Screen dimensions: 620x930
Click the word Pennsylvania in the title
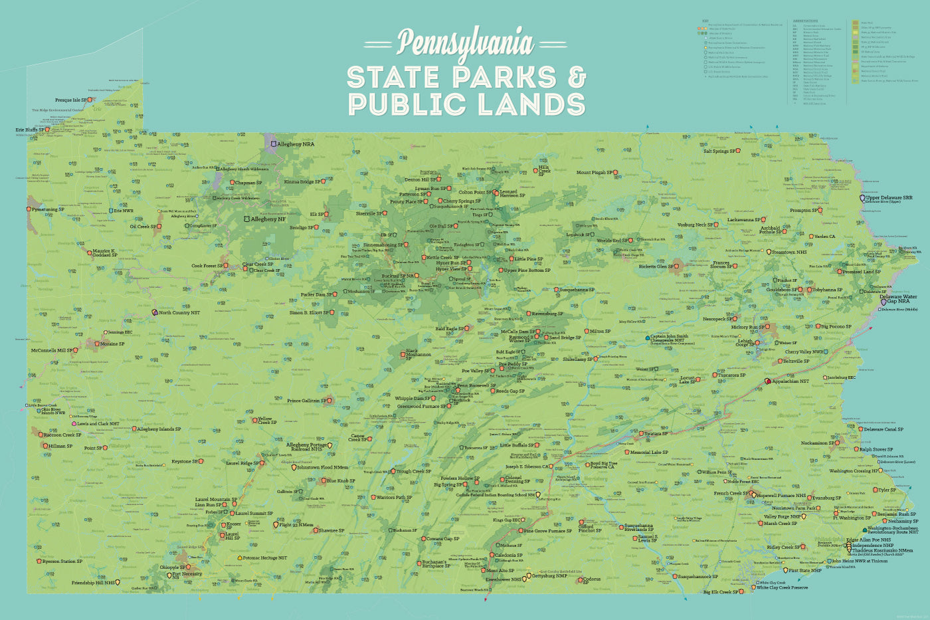(x=465, y=43)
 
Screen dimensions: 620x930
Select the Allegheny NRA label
(x=296, y=144)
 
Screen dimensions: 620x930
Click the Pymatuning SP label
(x=48, y=209)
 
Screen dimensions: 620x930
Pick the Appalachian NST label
(x=790, y=381)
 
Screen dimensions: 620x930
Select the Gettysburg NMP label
(x=551, y=576)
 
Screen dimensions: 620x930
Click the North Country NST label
(x=179, y=312)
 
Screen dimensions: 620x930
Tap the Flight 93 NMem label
(x=296, y=525)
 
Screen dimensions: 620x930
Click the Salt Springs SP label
(x=719, y=152)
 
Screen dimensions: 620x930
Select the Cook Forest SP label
(x=207, y=266)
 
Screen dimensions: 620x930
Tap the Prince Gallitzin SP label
(x=306, y=401)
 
